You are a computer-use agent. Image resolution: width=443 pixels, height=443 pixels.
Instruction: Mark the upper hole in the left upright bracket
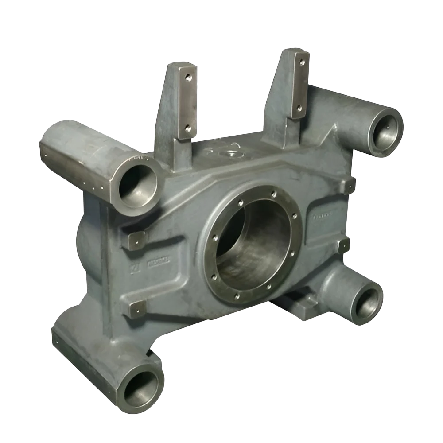[188, 78]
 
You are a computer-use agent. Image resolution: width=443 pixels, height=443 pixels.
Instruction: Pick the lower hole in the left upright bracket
[187, 128]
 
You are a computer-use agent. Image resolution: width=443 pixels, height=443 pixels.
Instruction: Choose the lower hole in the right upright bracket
[299, 108]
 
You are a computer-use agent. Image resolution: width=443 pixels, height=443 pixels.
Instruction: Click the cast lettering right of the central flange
[323, 217]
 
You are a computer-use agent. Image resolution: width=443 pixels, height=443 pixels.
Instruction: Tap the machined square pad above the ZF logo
[137, 240]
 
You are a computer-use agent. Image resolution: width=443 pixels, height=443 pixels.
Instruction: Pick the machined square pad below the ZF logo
[136, 309]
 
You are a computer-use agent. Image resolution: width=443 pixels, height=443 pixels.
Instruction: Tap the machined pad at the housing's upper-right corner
[350, 186]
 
